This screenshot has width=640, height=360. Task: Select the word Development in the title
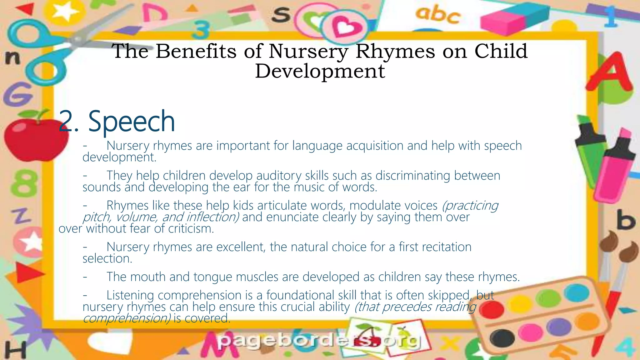(x=320, y=71)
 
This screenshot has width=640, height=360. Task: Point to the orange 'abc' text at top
(x=437, y=15)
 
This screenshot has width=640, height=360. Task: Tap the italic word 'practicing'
(x=470, y=206)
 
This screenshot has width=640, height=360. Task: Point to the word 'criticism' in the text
(x=191, y=229)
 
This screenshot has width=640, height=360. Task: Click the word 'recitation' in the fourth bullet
(x=447, y=247)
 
